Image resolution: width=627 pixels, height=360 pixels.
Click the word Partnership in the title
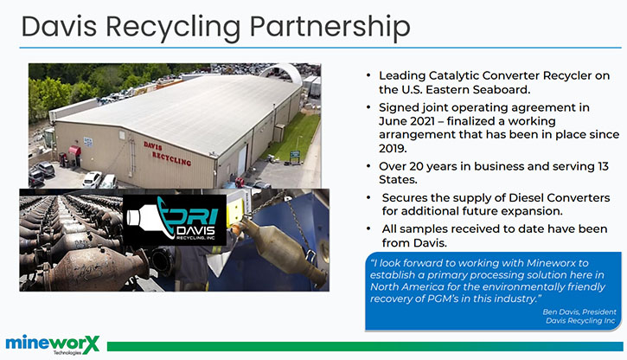(x=329, y=27)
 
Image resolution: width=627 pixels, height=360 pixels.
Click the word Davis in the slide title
(x=59, y=27)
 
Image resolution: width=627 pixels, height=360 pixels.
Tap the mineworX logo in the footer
(x=53, y=344)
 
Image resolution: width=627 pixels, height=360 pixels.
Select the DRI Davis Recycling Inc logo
(x=175, y=220)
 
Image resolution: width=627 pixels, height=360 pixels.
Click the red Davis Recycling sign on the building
(x=167, y=153)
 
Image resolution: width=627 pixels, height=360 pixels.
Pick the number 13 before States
(x=603, y=166)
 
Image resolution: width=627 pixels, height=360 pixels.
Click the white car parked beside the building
(x=92, y=179)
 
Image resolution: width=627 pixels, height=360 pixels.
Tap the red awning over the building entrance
(x=74, y=151)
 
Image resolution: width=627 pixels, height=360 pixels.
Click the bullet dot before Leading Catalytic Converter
(x=368, y=75)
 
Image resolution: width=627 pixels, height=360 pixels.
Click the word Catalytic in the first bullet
(x=453, y=76)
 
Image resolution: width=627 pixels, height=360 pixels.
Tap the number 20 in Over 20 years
(x=416, y=166)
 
